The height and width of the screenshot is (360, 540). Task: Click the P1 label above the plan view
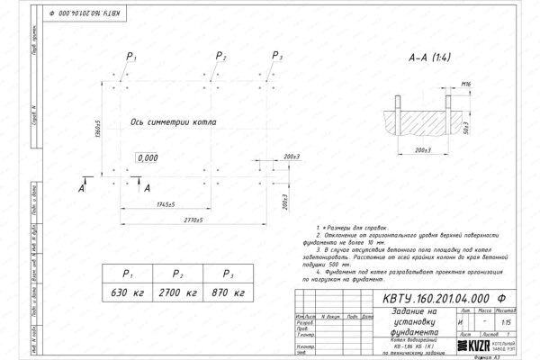[130, 57]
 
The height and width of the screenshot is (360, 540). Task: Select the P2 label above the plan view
[221, 57]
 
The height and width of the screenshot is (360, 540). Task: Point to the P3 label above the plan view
[275, 57]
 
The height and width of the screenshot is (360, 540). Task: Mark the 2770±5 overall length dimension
[187, 219]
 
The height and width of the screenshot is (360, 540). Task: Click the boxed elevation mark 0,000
[146, 157]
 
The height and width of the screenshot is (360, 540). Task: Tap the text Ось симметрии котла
[172, 120]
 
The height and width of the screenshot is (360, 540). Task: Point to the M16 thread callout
[465, 84]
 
